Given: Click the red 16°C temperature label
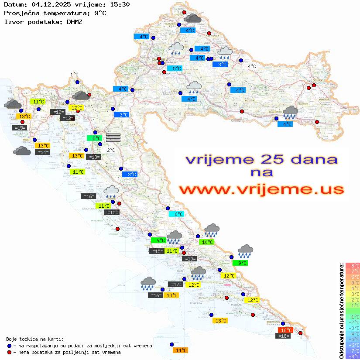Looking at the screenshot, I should coord(286,330).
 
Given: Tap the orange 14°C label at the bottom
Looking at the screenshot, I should coord(180,350).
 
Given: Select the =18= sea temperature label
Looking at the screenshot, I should coord(283,336).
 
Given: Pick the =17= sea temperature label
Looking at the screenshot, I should coord(176,285).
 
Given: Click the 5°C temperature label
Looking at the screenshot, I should coord(175,69).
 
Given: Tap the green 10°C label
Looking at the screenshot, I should coord(206,242).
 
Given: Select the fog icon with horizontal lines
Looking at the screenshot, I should coord(113,137).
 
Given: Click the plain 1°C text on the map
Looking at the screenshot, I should coord(74,75).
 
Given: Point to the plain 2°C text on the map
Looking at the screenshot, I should coord(111,150).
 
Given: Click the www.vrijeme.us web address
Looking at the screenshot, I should coord(261,189).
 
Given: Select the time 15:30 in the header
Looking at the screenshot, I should coord(120,5).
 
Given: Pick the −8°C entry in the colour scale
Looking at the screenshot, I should coord(352,356).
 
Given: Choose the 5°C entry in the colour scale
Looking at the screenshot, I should coord(352,282).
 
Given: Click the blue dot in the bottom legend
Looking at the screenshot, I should coord(9,346).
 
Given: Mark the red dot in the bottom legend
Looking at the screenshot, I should coord(9,352).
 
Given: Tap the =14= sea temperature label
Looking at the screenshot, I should coord(42,152).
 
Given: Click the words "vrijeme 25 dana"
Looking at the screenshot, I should coord(261,159).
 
